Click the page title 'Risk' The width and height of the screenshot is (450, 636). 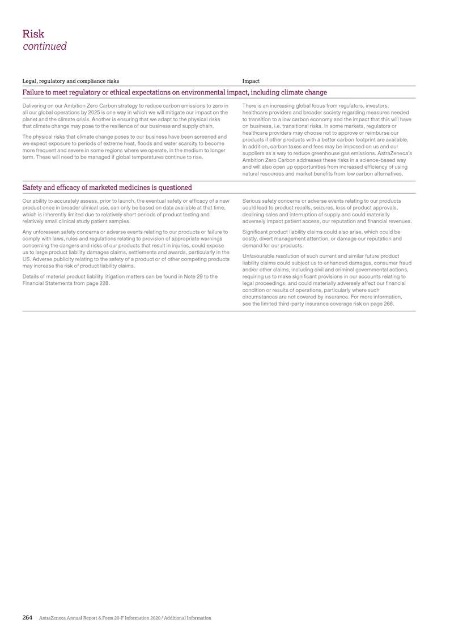[x=33, y=34]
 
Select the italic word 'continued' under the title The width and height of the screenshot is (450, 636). [x=44, y=46]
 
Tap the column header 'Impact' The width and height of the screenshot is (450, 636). [x=251, y=82]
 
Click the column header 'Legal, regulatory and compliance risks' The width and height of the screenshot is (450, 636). [x=70, y=82]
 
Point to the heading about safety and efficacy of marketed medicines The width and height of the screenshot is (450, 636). [x=107, y=187]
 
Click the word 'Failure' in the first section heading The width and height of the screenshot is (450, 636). [x=35, y=92]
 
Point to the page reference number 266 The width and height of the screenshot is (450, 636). [x=388, y=304]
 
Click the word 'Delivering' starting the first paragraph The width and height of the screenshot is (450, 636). [x=36, y=106]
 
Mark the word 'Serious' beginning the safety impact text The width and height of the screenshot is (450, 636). [x=252, y=201]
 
